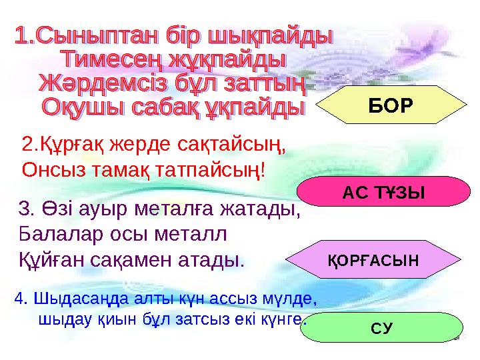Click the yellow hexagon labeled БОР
click(390, 105)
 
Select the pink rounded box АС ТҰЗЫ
click(383, 193)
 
